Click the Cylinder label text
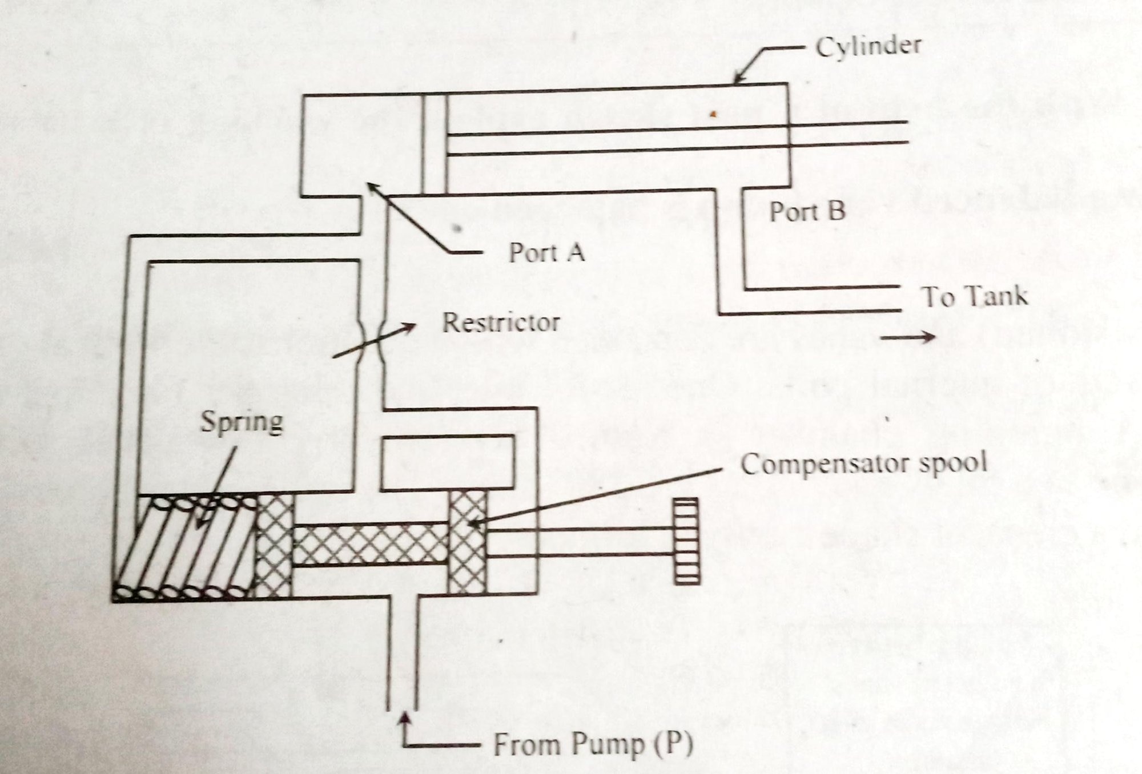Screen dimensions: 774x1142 (868, 45)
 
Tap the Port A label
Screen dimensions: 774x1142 (546, 252)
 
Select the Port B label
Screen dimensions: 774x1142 (807, 212)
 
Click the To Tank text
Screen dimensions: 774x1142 (974, 296)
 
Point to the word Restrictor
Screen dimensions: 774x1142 (501, 322)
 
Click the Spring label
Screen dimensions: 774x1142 (242, 422)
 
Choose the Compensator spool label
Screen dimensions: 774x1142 (863, 464)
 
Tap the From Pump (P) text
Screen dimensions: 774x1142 (592, 744)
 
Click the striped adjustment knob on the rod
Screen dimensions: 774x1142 (685, 541)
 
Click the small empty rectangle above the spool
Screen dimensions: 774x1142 (448, 463)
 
